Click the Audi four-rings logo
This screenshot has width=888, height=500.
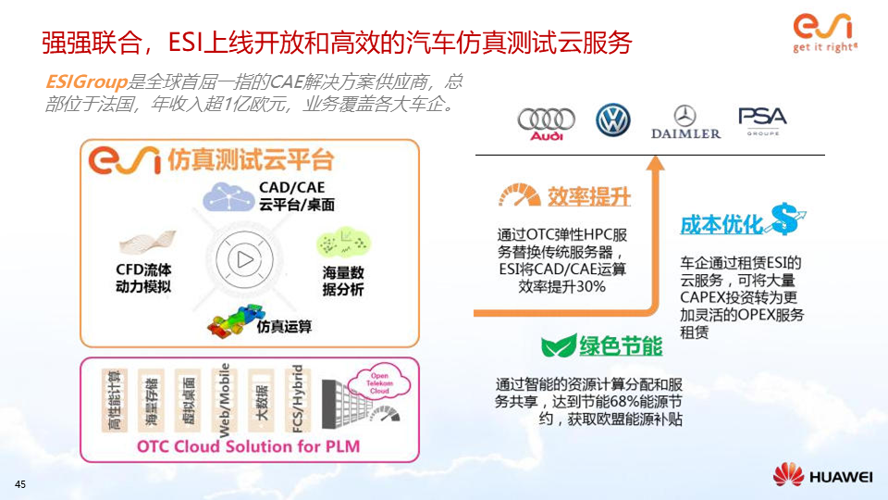click(x=546, y=121)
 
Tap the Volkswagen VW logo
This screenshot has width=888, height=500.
click(x=611, y=120)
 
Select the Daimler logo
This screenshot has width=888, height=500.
click(x=685, y=121)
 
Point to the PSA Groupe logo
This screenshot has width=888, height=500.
click(x=762, y=120)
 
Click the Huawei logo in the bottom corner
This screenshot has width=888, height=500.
click(x=823, y=476)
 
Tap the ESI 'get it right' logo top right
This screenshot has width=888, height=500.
click(x=825, y=32)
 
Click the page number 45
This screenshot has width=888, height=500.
click(x=20, y=485)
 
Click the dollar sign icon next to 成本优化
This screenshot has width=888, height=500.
click(x=787, y=219)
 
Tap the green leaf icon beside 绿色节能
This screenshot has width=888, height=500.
click(x=558, y=347)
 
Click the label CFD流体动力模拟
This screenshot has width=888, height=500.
click(x=143, y=278)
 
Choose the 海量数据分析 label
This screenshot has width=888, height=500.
click(x=343, y=281)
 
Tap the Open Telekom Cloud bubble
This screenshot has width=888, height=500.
click(x=380, y=382)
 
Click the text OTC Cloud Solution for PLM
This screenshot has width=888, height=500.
click(x=248, y=446)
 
